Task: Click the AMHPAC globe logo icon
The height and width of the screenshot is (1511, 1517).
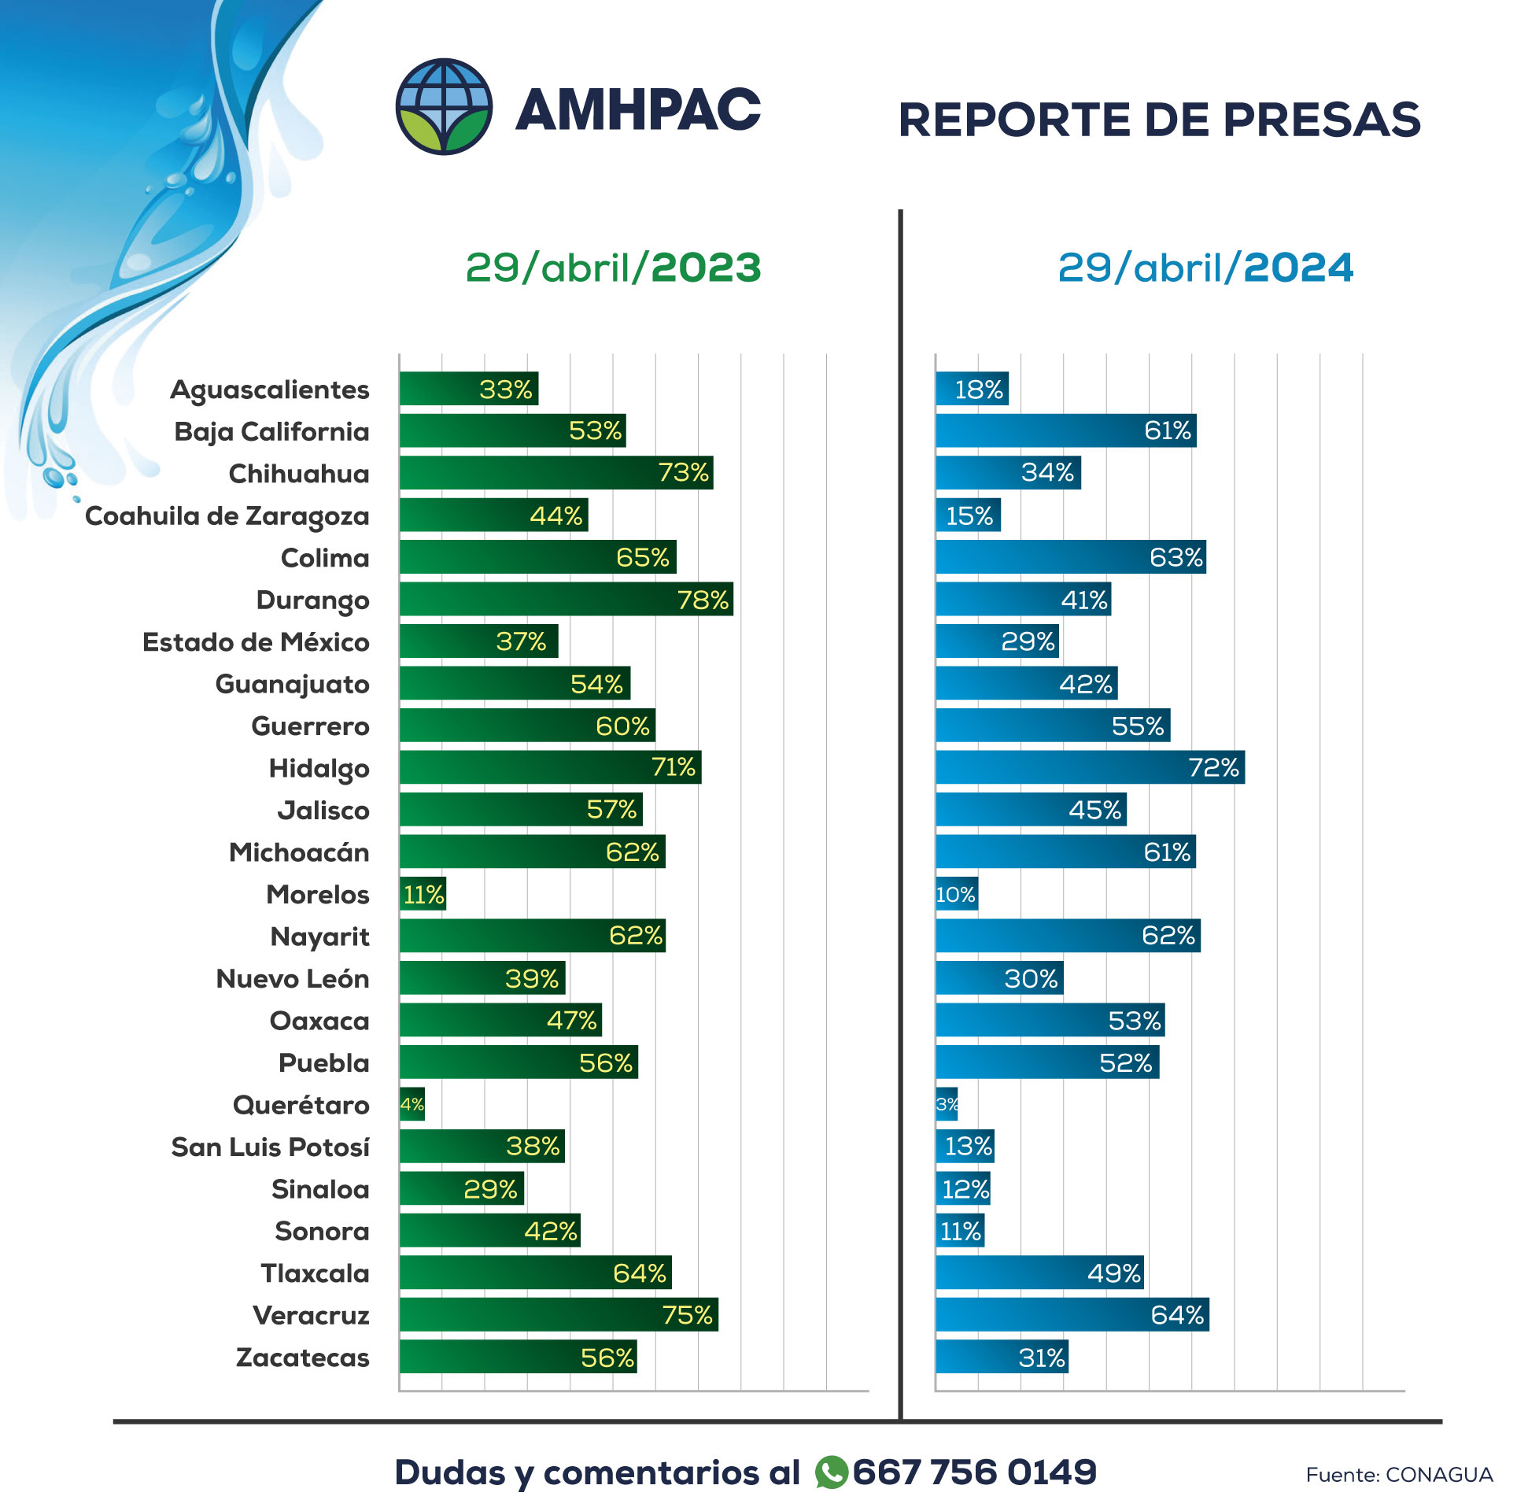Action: tap(444, 107)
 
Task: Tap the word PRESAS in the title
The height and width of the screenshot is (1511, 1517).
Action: tap(1321, 120)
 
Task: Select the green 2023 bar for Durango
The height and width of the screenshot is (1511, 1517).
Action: tap(565, 600)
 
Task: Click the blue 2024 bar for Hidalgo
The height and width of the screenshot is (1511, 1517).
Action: tap(1089, 767)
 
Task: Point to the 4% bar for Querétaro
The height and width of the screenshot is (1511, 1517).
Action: tap(412, 1104)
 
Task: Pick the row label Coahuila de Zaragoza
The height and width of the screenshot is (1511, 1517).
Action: tap(227, 516)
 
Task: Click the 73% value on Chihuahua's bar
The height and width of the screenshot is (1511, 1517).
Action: tap(683, 473)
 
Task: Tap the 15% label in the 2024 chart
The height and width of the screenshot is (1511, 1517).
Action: tap(969, 515)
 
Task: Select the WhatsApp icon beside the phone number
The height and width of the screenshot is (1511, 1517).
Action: tap(831, 1472)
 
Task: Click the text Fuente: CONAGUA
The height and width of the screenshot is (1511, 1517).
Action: tap(1398, 1475)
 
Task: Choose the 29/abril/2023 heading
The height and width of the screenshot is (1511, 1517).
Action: tap(613, 268)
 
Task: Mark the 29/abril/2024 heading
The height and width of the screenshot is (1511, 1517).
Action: tap(1205, 268)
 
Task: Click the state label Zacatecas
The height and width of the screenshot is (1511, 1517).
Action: tap(302, 1358)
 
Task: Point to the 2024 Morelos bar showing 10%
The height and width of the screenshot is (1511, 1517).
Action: tap(956, 895)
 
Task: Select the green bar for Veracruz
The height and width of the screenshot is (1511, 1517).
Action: tap(558, 1315)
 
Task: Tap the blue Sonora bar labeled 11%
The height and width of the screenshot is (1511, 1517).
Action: tap(959, 1231)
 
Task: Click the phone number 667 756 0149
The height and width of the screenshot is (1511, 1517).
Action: tap(974, 1472)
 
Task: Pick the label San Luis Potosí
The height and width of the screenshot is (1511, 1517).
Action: tap(270, 1147)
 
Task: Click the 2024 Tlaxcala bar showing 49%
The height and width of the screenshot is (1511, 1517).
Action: tap(1039, 1273)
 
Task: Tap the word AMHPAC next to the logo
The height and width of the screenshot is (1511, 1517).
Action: tap(637, 109)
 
